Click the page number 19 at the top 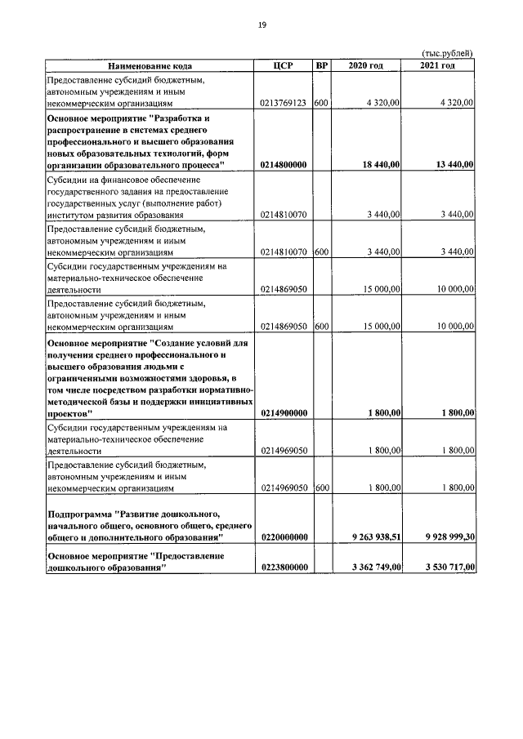[261, 25]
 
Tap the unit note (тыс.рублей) [447, 54]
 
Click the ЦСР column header [283, 65]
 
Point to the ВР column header [321, 65]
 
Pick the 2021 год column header [438, 65]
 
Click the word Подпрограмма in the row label [79, 514]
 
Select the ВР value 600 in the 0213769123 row [321, 104]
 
